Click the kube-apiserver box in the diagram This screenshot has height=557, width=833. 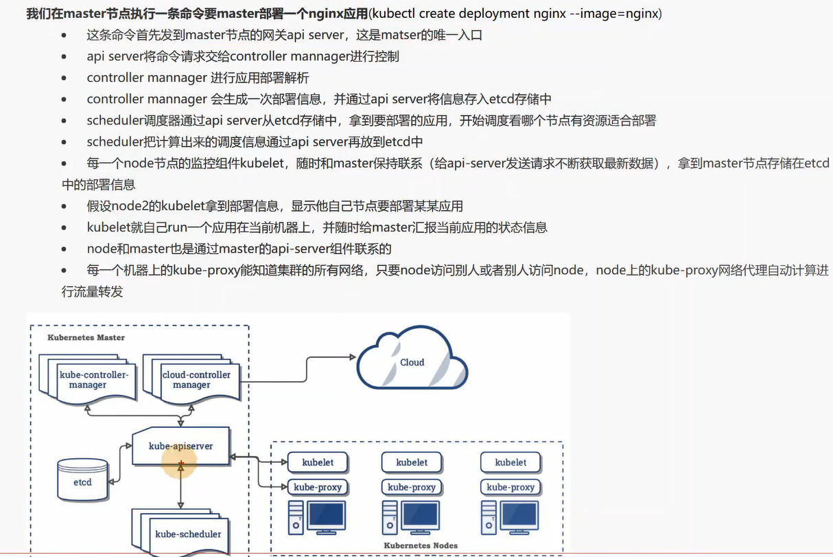(x=181, y=446)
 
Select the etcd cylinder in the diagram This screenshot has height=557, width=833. (x=82, y=481)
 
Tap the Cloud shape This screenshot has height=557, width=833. (x=412, y=363)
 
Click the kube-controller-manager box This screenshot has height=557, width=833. (x=88, y=380)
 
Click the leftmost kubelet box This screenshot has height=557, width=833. (x=318, y=462)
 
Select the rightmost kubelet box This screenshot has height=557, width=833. (x=511, y=462)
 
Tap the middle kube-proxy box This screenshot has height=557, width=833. (x=412, y=487)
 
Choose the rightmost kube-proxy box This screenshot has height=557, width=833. (x=511, y=487)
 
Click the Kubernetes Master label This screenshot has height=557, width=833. (x=86, y=338)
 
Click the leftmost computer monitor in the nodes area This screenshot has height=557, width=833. (x=326, y=515)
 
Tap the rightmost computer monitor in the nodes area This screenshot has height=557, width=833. (x=519, y=515)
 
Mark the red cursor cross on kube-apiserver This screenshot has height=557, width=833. (x=180, y=466)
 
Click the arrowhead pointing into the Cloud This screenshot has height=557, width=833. (x=354, y=356)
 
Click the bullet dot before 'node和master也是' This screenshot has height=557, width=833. (x=64, y=249)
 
